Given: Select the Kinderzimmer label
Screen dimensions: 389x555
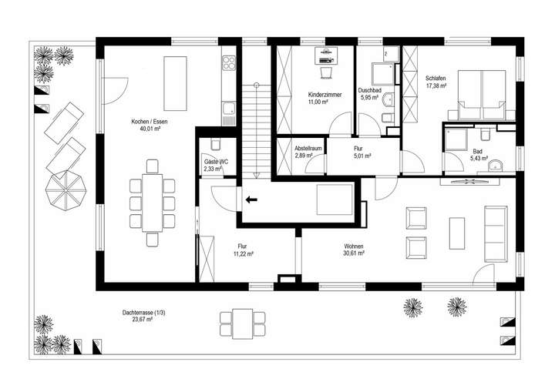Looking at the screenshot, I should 313,94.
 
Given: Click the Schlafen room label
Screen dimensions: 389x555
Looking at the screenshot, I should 436,78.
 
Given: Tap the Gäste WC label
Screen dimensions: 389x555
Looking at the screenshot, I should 215,162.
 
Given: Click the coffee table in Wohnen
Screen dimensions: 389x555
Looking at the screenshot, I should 458,233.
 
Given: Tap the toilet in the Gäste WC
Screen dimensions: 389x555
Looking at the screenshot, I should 215,145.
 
